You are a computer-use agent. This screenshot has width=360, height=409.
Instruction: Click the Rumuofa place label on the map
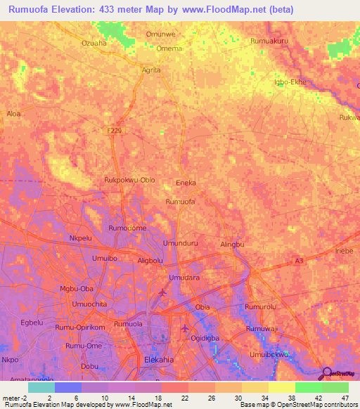pyautogui.click(x=179, y=202)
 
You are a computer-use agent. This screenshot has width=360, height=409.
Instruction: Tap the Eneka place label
pyautogui.click(x=185, y=183)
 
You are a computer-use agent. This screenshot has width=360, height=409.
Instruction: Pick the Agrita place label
pyautogui.click(x=151, y=70)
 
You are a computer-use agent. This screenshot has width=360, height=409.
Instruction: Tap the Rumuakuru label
pyautogui.click(x=269, y=41)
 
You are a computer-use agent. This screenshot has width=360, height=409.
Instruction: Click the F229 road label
pyautogui.click(x=116, y=131)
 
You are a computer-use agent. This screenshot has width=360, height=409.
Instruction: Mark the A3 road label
pyautogui.click(x=300, y=261)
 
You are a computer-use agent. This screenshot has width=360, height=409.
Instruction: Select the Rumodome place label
pyautogui.click(x=127, y=228)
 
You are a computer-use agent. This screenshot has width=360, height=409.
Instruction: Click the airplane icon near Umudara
pyautogui.click(x=163, y=292)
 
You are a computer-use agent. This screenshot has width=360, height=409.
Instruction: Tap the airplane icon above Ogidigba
pyautogui.click(x=186, y=328)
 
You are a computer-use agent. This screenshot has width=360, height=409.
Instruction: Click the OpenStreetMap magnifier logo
pyautogui.click(x=325, y=373)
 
